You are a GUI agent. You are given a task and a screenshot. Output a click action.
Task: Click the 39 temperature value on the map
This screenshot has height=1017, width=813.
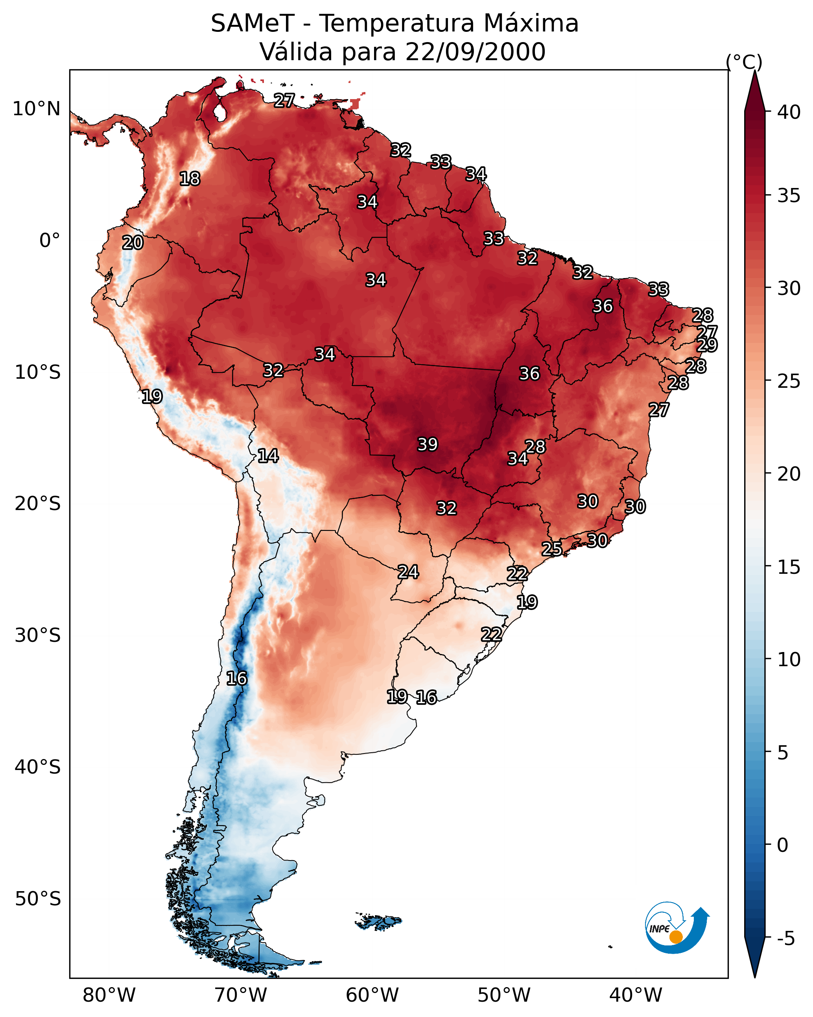coord(428,444)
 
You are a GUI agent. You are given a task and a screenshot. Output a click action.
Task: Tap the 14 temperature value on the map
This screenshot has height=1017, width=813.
coord(268,456)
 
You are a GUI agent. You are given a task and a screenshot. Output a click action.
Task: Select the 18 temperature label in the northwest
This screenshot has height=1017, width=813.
coord(190,179)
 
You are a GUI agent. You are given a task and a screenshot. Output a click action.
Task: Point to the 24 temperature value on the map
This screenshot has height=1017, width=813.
coord(408,572)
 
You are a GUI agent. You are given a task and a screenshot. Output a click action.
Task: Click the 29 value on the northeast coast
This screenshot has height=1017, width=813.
coord(707,345)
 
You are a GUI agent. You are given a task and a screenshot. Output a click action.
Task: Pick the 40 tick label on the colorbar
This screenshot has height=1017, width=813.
coord(789,112)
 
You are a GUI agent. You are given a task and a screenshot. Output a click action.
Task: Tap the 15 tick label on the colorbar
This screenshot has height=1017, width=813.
coord(789,567)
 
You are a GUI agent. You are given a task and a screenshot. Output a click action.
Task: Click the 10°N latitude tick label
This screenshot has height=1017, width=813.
coord(36,109)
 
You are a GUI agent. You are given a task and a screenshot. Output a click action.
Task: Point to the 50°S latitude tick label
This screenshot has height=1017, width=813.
coord(38,899)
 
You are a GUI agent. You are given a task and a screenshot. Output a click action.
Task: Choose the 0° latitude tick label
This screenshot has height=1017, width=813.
coord(50,241)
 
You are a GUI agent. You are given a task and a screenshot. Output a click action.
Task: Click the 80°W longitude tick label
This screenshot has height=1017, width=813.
coord(109,995)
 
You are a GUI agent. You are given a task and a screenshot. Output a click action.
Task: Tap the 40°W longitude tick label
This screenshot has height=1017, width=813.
coord(636,995)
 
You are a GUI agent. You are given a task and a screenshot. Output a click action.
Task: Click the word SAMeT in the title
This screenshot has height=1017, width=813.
coord(253,24)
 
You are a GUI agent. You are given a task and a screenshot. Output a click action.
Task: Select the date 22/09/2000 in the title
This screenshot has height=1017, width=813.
coord(475,52)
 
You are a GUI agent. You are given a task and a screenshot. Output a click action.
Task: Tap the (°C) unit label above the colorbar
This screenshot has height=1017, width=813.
coord(744,62)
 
